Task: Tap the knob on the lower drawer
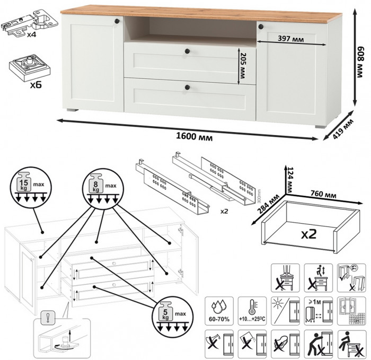tap(187, 86)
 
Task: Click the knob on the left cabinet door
tap(115, 20)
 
